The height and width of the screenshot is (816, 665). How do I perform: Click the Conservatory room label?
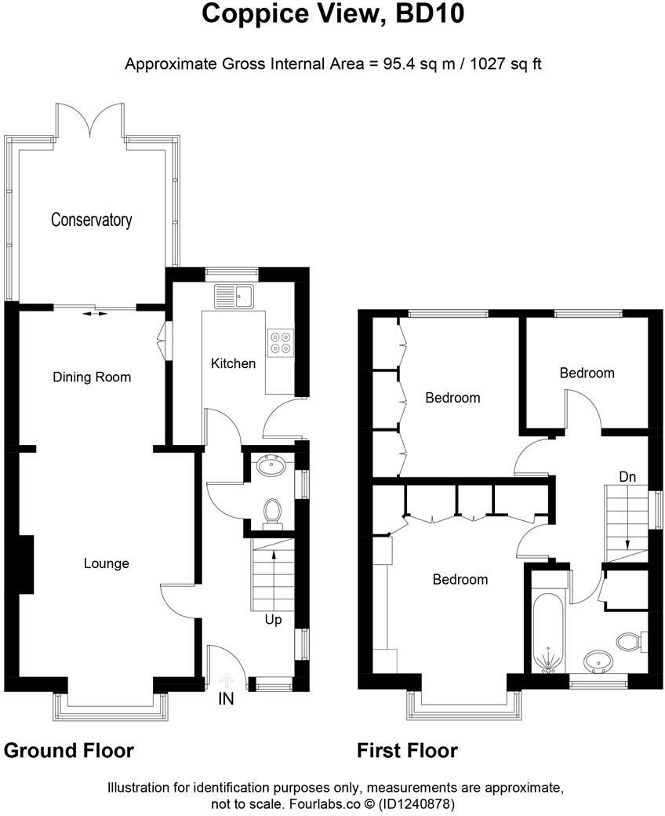[91, 220]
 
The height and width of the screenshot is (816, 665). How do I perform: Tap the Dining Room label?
[92, 377]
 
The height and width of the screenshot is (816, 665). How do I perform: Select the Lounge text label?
[107, 563]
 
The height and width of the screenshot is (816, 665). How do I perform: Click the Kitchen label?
[234, 363]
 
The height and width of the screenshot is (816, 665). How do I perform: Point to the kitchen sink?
[235, 297]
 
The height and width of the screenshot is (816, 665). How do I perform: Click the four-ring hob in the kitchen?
[280, 342]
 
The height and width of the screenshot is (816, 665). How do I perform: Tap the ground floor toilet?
[272, 511]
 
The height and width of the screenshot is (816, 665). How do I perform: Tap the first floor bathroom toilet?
[630, 643]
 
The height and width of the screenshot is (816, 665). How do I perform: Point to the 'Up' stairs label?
[273, 620]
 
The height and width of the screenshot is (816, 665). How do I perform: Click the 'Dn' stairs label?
[627, 476]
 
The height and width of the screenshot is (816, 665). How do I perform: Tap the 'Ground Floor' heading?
[69, 751]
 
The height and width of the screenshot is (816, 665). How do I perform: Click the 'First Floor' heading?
[407, 751]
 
